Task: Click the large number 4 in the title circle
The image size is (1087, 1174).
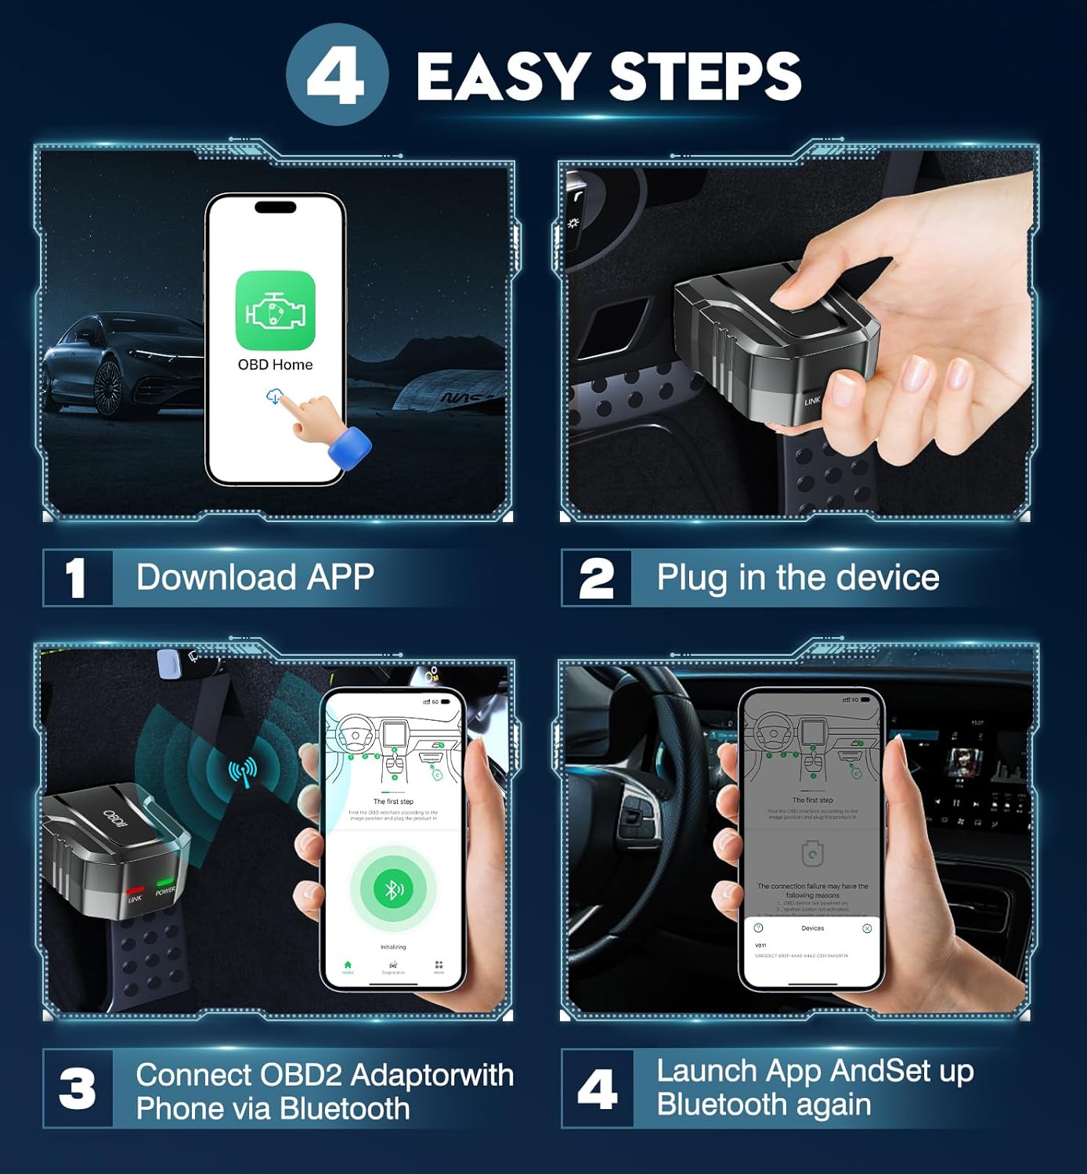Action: click(336, 76)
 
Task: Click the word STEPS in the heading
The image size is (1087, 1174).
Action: click(705, 77)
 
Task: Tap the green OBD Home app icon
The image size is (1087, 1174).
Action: click(276, 311)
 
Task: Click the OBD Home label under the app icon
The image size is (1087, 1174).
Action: click(275, 365)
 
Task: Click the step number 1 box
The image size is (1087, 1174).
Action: click(77, 578)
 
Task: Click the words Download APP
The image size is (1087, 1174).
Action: click(255, 578)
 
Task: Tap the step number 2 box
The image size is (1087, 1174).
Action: click(596, 578)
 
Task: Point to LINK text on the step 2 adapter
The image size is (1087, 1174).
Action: click(812, 401)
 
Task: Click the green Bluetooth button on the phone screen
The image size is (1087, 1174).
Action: click(392, 888)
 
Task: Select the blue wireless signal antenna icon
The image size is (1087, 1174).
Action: click(242, 772)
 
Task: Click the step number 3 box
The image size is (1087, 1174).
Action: click(77, 1089)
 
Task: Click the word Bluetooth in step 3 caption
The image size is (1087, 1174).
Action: click(345, 1109)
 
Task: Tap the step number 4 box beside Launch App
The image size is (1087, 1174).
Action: click(597, 1089)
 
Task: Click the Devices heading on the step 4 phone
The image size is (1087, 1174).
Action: click(812, 928)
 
